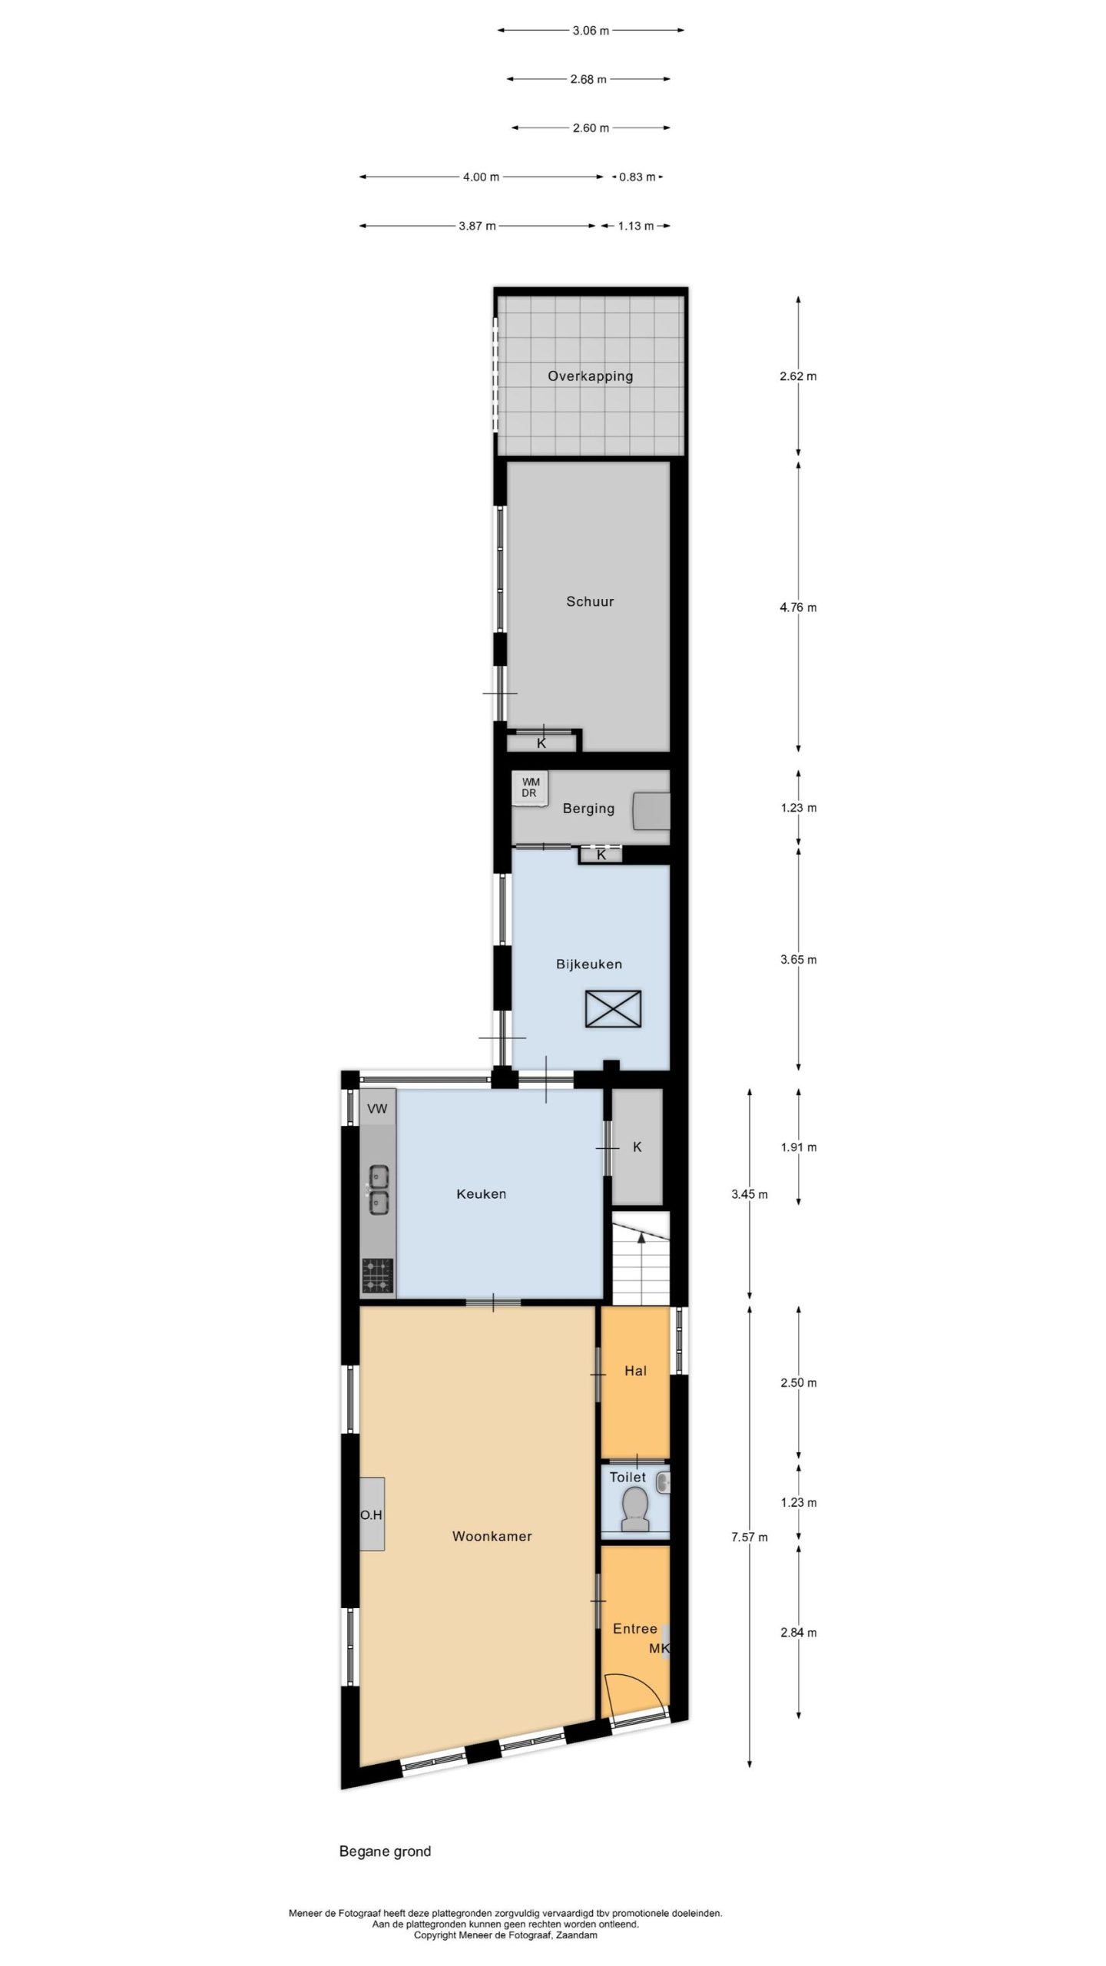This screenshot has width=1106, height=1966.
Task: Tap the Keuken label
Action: [481, 1193]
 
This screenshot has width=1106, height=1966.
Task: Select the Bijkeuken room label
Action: [589, 964]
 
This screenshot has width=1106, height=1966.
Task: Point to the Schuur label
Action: [590, 601]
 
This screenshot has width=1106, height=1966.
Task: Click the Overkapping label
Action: [590, 376]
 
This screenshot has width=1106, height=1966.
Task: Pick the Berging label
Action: [588, 808]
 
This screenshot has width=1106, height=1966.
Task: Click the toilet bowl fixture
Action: [634, 1511]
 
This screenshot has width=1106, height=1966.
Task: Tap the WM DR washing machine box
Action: [530, 788]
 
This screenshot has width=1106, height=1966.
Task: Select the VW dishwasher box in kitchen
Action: [377, 1108]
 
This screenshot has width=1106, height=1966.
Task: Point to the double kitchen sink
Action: [378, 1190]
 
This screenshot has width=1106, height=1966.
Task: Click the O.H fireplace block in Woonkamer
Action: [372, 1514]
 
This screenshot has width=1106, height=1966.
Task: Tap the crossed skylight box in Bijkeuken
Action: [613, 1008]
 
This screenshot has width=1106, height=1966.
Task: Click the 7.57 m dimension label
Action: [750, 1537]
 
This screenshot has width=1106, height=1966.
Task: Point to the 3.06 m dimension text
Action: [591, 31]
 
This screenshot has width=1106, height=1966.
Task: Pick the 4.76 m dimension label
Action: [798, 607]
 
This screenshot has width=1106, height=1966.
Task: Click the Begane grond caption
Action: [385, 1852]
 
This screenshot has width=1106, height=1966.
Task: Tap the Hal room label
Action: [635, 1371]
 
